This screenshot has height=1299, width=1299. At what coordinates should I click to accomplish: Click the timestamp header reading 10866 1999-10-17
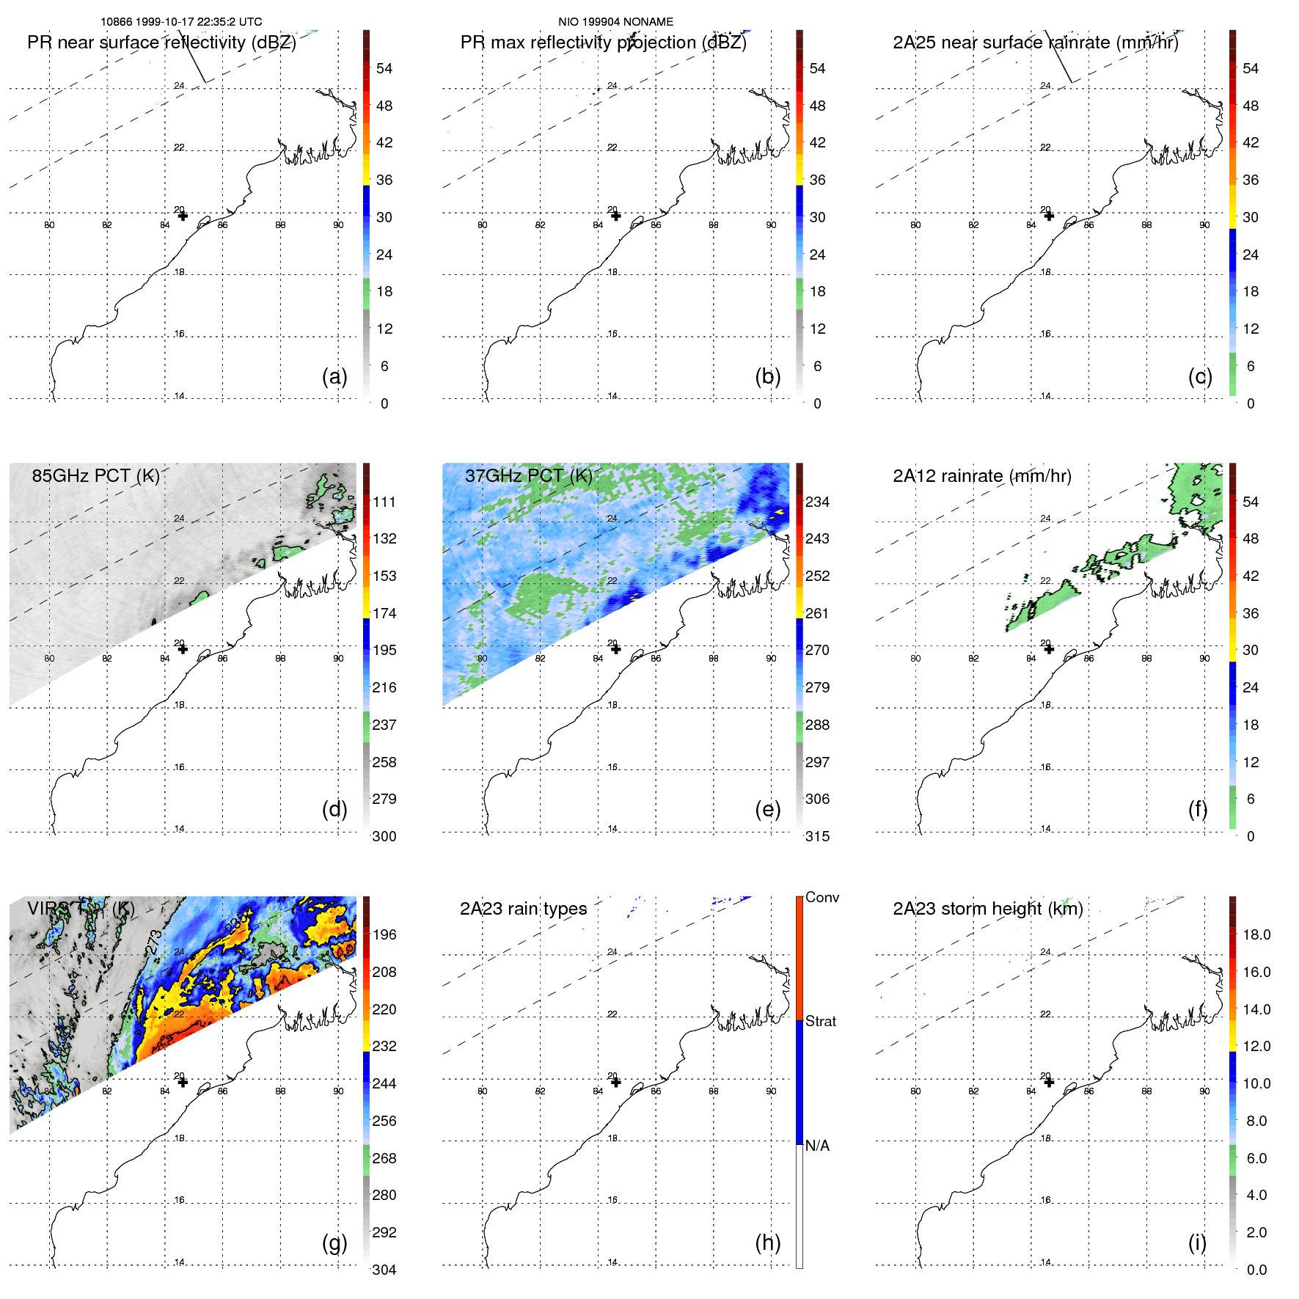tap(180, 22)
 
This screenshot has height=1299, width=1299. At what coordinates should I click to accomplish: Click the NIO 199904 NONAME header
tap(615, 22)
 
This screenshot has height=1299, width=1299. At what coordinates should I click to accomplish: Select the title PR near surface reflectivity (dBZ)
tap(161, 43)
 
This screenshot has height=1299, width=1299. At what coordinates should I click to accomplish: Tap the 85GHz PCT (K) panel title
tap(95, 476)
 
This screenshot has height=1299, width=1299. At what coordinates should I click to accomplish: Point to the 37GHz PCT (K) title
tap(528, 476)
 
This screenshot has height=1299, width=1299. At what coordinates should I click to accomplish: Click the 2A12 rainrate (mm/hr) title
tap(981, 476)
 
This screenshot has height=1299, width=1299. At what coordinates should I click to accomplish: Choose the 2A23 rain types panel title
tap(523, 909)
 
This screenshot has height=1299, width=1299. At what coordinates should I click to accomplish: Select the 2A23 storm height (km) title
tap(987, 909)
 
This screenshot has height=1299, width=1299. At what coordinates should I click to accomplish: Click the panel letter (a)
tap(334, 376)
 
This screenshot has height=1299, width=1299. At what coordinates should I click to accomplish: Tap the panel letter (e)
tap(767, 809)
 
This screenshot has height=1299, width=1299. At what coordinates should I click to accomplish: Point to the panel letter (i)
tap(1197, 1243)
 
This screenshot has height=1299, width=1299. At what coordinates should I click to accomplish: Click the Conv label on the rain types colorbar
tap(822, 897)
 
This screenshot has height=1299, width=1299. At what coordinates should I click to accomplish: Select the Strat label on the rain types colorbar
tap(820, 1021)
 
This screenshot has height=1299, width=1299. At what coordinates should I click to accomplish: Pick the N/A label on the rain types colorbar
tap(817, 1146)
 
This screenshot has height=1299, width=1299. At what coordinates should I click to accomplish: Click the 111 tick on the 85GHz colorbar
tap(384, 502)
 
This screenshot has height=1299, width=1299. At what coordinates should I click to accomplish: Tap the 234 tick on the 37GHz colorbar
tap(817, 502)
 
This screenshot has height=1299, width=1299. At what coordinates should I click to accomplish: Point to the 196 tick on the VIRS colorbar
tap(384, 934)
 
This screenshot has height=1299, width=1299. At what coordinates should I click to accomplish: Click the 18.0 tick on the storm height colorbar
tap(1256, 934)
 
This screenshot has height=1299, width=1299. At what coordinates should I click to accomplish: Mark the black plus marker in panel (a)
tap(183, 216)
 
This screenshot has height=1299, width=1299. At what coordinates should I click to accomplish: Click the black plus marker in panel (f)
tap(1049, 648)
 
